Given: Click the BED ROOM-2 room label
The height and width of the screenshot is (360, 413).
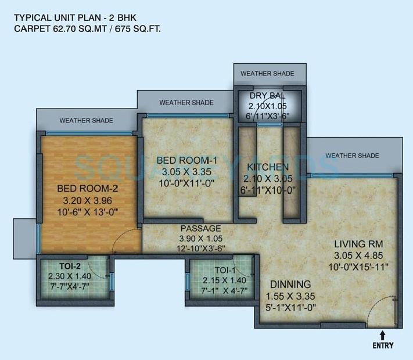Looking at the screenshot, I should pos(87,188).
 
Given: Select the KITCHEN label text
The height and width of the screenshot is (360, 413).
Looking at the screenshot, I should pos(268,168).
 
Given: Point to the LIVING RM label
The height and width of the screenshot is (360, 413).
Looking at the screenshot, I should pos(358,243).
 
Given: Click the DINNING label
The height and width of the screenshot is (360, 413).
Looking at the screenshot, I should pos(290,284).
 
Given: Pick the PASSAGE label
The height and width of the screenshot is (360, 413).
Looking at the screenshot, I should pos(200,228).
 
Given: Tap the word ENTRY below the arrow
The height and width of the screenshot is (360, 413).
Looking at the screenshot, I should pos(383,346).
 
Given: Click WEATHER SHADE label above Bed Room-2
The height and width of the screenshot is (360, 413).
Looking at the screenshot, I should pos(86,121).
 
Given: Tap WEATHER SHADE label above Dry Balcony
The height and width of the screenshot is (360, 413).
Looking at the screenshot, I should pos(267,74).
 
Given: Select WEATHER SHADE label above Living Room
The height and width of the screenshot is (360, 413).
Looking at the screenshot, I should pos(352,156).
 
